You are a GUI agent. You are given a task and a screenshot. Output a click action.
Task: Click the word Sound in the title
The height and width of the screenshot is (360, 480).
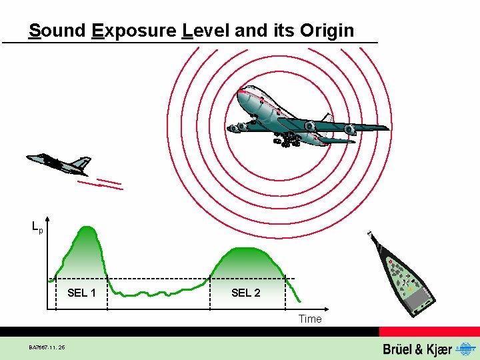(x=57, y=31)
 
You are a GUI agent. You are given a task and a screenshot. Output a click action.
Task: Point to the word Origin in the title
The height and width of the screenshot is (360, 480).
(x=327, y=31)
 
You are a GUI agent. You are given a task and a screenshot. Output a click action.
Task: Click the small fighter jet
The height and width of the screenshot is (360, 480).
(x=58, y=162)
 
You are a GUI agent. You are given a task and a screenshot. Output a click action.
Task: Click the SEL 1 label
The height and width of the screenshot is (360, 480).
(x=81, y=293)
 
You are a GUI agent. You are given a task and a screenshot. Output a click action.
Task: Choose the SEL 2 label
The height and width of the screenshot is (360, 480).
(x=245, y=293)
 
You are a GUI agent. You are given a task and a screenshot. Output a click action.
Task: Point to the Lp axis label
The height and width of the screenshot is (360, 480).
(x=37, y=227)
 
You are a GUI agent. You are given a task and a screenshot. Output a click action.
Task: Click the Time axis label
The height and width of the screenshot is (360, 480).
(x=310, y=319)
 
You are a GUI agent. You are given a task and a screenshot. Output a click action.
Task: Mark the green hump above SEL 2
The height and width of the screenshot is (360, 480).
(x=247, y=263)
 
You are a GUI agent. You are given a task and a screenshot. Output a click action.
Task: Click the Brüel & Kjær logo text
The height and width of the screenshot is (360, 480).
(x=417, y=349)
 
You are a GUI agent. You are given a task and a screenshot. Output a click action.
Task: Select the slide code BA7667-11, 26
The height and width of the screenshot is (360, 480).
(x=47, y=347)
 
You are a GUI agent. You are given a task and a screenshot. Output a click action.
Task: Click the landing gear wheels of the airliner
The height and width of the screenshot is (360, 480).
(x=285, y=140)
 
